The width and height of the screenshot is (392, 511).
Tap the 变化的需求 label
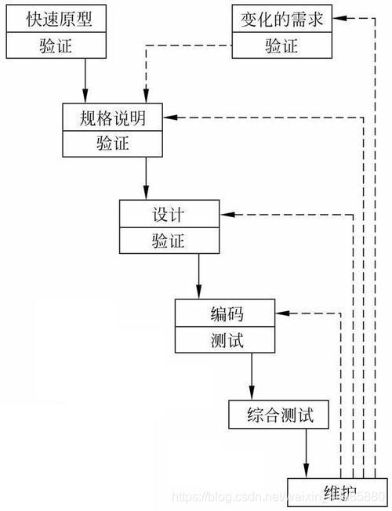click(x=282, y=20)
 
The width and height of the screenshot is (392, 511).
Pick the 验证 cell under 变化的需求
click(x=282, y=45)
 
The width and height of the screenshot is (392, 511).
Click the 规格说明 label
click(x=113, y=118)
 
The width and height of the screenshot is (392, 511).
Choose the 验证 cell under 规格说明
click(x=113, y=144)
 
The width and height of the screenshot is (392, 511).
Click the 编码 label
click(x=227, y=314)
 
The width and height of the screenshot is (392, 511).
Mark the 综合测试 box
click(x=278, y=415)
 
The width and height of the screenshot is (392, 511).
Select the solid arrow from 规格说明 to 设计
click(x=146, y=178)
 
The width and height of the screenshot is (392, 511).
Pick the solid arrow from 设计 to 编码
click(x=198, y=277)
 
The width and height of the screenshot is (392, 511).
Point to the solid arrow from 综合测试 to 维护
click(x=306, y=453)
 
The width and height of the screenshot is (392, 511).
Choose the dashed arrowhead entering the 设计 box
click(x=226, y=214)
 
